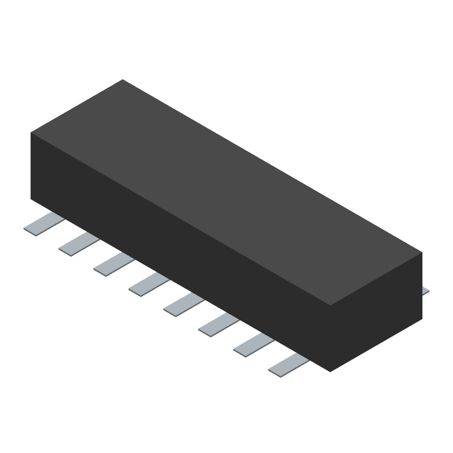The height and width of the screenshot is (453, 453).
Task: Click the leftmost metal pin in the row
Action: pyautogui.click(x=41, y=225)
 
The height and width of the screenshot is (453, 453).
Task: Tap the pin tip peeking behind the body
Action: pyautogui.click(x=426, y=292)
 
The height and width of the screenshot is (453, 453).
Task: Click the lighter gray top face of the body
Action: pyautogui.click(x=226, y=193)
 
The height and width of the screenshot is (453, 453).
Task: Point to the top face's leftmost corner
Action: pyautogui.click(x=31, y=133)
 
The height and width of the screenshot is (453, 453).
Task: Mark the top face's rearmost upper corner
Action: pyautogui.click(x=123, y=80)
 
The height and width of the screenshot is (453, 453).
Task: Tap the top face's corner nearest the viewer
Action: pyautogui.click(x=330, y=306)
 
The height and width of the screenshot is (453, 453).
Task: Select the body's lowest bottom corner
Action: pyautogui.click(x=330, y=371)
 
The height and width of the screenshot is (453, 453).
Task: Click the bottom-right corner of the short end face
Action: pyautogui.click(x=422, y=318)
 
